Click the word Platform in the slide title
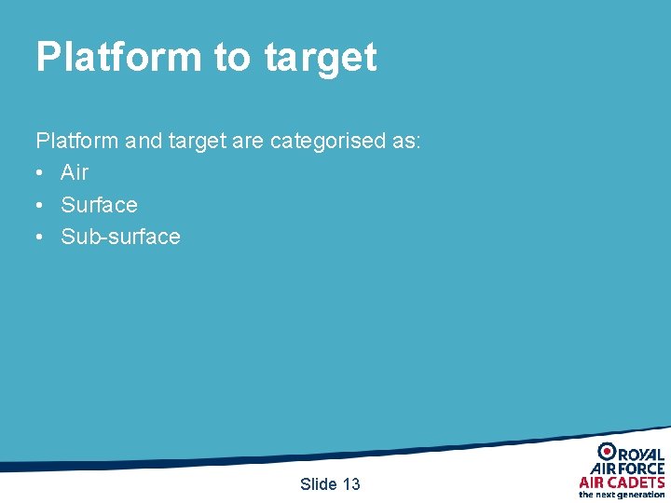click(x=118, y=58)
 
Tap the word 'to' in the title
click(x=233, y=58)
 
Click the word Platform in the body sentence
click(x=77, y=141)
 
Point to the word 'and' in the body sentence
click(x=144, y=141)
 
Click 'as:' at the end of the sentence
click(x=405, y=141)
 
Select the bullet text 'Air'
click(x=75, y=172)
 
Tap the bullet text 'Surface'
click(x=99, y=205)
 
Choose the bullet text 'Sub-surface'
click(x=120, y=237)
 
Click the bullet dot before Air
click(x=40, y=173)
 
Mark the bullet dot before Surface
click(x=40, y=206)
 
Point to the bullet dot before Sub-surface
click(x=40, y=238)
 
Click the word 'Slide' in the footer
click(x=318, y=483)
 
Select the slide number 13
click(x=351, y=483)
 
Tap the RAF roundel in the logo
click(x=607, y=452)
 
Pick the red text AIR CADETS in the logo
click(x=622, y=482)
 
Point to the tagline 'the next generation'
click(x=622, y=495)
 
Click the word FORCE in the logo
click(x=641, y=469)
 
